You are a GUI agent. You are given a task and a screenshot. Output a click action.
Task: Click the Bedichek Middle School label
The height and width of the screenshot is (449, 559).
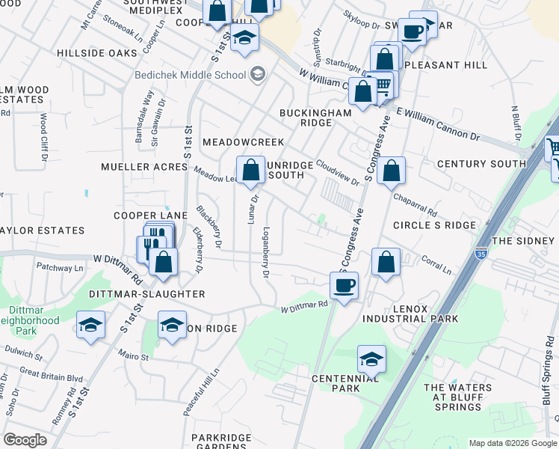click(x=191, y=74)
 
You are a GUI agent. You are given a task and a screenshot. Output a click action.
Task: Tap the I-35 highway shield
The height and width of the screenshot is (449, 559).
click(x=481, y=253)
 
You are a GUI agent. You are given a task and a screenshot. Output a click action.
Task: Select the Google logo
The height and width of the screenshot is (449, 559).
click(x=25, y=440)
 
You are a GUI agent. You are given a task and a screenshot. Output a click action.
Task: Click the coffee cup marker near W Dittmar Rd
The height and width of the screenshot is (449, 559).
click(x=344, y=285)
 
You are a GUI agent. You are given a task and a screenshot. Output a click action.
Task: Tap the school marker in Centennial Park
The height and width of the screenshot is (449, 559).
click(x=371, y=358)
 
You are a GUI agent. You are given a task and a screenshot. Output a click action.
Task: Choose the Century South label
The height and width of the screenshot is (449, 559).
click(x=481, y=164)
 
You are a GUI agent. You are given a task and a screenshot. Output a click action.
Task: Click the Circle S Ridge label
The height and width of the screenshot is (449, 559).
click(x=434, y=225)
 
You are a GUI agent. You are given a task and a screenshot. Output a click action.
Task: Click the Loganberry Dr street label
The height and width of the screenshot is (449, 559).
click(x=266, y=252)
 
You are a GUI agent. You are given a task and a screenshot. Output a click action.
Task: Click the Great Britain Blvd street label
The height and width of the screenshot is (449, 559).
click(x=52, y=375)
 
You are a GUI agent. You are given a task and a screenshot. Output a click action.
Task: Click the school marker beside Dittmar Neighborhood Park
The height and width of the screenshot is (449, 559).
click(x=91, y=326)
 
